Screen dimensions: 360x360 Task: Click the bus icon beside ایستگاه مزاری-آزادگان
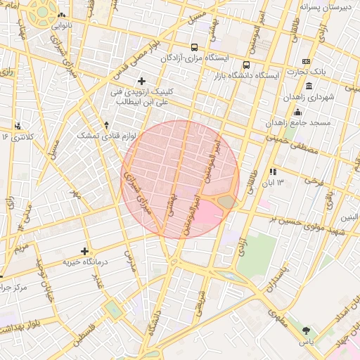[x=195, y=47]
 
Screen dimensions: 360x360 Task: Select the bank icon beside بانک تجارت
[x=305, y=61]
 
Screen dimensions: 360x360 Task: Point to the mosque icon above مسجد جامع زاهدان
[x=297, y=112]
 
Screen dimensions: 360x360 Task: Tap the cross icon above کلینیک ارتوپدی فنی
[x=142, y=82]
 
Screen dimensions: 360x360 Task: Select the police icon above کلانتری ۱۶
[x=17, y=126]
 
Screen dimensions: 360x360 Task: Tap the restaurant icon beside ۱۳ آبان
[x=273, y=171]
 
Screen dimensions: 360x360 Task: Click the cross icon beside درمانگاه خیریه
[x=85, y=251]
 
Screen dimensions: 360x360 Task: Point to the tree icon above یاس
[x=305, y=330]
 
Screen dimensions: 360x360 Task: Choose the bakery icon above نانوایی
[x=61, y=15]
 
